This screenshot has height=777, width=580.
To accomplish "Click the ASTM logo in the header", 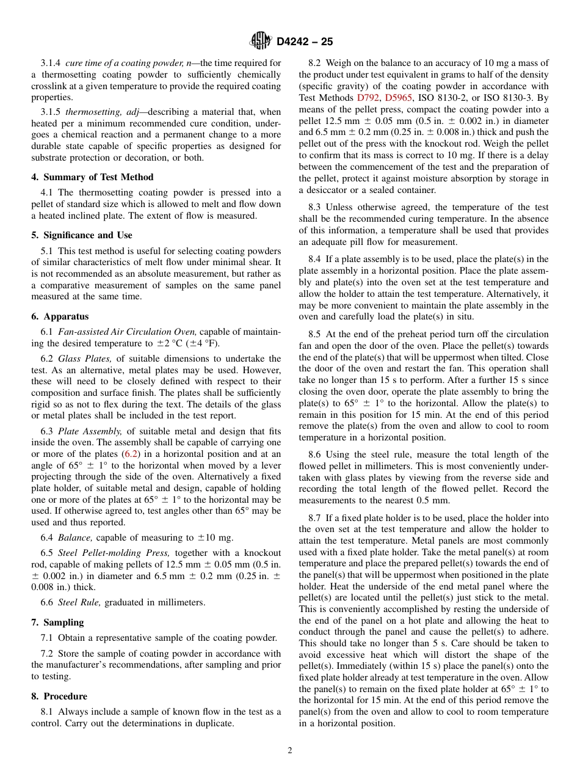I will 261,42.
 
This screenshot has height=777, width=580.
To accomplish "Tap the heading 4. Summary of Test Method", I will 92,177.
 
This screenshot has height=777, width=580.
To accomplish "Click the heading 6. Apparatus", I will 60,316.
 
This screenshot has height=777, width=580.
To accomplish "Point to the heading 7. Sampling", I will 57,622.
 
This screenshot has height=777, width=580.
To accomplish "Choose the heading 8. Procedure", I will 59,696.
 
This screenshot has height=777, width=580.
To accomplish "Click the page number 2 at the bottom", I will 290,751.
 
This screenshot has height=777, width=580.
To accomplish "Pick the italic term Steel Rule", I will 79,602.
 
